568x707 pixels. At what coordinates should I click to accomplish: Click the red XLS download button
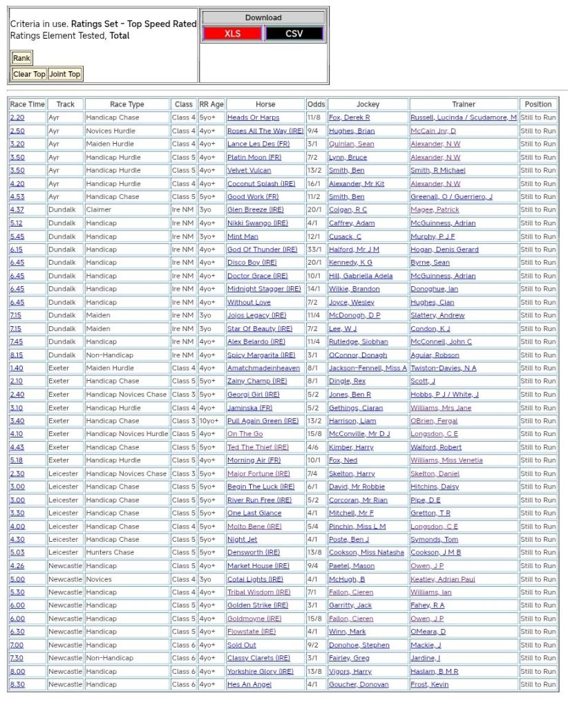click(x=232, y=33)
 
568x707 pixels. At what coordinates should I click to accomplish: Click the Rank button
click(x=21, y=58)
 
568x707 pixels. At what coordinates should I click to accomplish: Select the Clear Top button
click(x=29, y=74)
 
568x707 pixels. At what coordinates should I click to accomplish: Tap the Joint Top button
click(x=65, y=74)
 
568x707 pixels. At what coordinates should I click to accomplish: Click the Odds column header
click(x=316, y=104)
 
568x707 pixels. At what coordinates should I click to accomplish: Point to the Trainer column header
click(x=464, y=104)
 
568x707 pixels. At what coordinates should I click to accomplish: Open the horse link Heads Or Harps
click(x=253, y=117)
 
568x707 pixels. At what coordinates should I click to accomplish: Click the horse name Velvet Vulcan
click(x=249, y=170)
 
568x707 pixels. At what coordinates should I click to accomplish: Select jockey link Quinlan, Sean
click(x=351, y=144)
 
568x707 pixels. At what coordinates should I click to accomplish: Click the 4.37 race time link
click(x=17, y=209)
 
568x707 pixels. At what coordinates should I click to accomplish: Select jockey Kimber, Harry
click(x=351, y=447)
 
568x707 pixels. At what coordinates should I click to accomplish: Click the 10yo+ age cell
click(x=211, y=421)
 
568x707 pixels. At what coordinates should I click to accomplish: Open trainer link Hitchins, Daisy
click(x=435, y=487)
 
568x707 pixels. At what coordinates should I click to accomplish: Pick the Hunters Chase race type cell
click(x=111, y=552)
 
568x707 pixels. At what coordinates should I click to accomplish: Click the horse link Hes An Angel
click(x=249, y=684)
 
